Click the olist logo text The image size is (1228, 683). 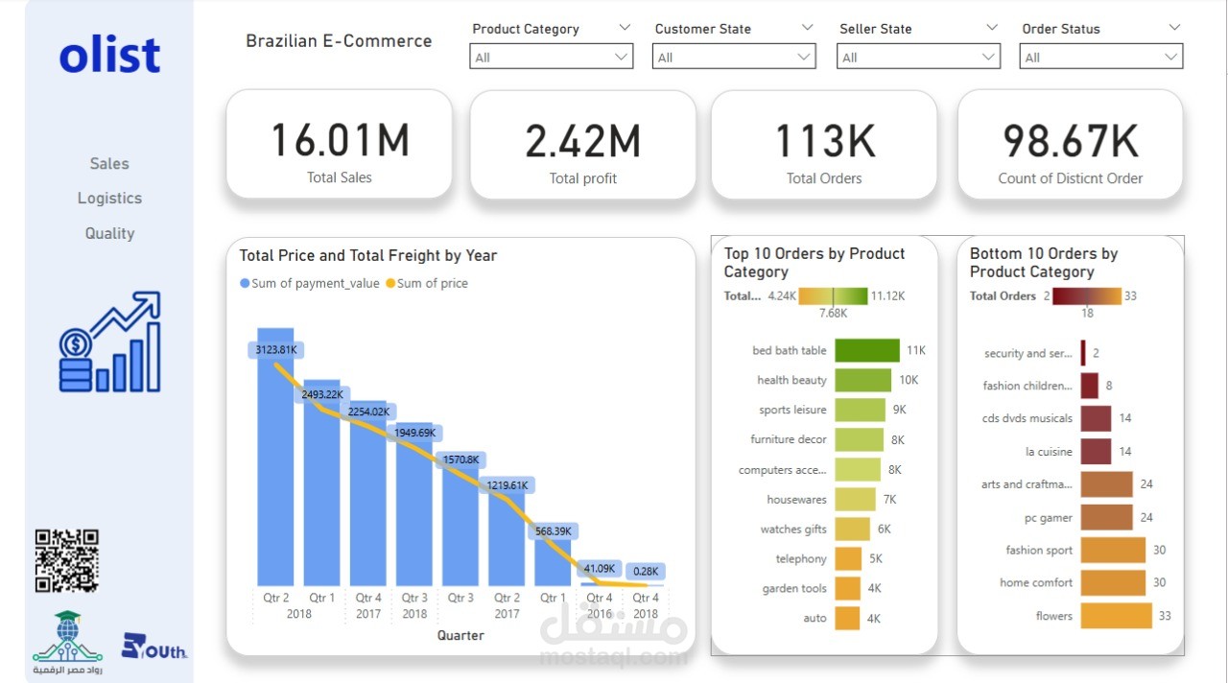(109, 56)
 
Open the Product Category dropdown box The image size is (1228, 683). (552, 58)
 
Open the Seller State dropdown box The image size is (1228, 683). (918, 58)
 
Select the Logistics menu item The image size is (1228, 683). (109, 199)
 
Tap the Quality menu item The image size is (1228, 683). (109, 233)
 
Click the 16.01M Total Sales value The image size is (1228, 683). (340, 140)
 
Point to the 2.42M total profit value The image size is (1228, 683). (582, 141)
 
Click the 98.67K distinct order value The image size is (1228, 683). (1071, 141)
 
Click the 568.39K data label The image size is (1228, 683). (554, 530)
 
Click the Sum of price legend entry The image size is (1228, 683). (427, 283)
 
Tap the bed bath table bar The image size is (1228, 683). (867, 351)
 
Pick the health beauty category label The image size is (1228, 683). (791, 381)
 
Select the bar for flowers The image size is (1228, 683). (1116, 616)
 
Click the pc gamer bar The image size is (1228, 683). (1106, 518)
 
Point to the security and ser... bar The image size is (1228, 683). (1083, 353)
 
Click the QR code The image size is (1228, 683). (67, 561)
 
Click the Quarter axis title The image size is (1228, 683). (460, 635)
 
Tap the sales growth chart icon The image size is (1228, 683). (109, 342)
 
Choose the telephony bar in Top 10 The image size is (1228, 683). (848, 558)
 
